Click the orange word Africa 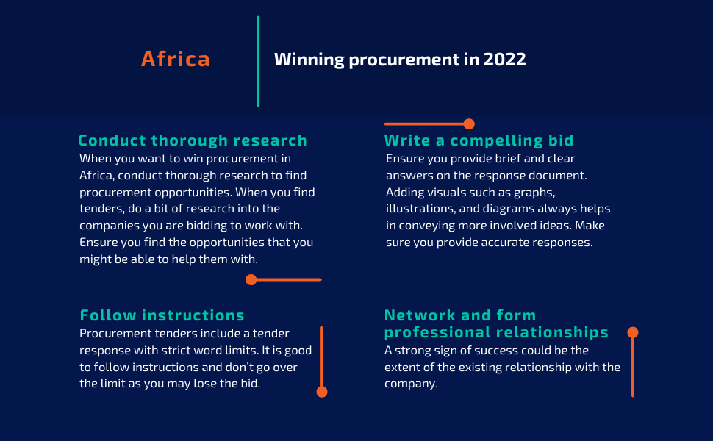point(175,60)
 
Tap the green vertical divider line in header point(258,61)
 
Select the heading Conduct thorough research point(192,140)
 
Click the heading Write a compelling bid point(479,140)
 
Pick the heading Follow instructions point(162,315)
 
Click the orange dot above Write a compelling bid point(469,124)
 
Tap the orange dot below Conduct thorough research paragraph point(251,279)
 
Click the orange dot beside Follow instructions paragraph point(321,392)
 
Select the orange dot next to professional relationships point(632,333)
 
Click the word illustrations point(417,209)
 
